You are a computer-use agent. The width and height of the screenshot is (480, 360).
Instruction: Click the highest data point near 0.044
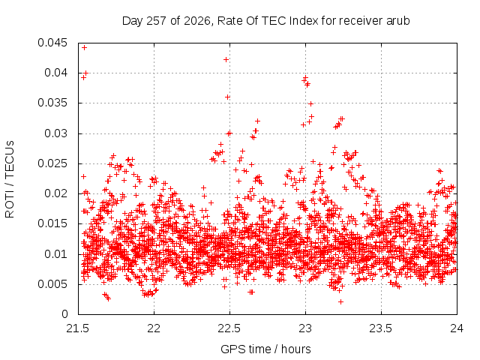coord(85,48)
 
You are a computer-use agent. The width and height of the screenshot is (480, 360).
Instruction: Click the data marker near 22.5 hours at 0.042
coord(226,60)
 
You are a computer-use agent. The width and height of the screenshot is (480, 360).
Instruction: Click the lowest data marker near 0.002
coord(340,302)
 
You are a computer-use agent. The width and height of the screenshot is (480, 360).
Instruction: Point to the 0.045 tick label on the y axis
coord(52,43)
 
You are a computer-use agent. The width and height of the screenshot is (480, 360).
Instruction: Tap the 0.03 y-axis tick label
coord(55,133)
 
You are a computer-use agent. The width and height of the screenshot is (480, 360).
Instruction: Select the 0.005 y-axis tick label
coord(52,284)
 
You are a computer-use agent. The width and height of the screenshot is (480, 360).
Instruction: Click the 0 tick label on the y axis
coord(64,314)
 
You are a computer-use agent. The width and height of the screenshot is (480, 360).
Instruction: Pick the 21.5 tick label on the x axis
coord(78,328)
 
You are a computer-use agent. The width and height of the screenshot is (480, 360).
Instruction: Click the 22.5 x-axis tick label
coord(229,328)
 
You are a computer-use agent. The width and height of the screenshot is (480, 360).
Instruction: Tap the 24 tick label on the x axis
coord(457,328)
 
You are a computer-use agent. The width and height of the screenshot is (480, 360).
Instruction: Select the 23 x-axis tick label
coord(305,328)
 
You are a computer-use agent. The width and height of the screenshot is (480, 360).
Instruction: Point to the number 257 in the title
coord(157,21)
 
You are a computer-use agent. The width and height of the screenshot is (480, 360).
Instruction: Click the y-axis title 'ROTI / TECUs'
coord(10,179)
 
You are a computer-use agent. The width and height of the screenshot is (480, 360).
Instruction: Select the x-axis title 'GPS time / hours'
coord(265,349)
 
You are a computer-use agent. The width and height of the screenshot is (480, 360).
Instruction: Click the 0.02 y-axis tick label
coord(55,193)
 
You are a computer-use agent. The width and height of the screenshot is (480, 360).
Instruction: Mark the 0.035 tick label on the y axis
coord(52,103)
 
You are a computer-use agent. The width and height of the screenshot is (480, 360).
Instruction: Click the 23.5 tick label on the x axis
coord(381,328)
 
